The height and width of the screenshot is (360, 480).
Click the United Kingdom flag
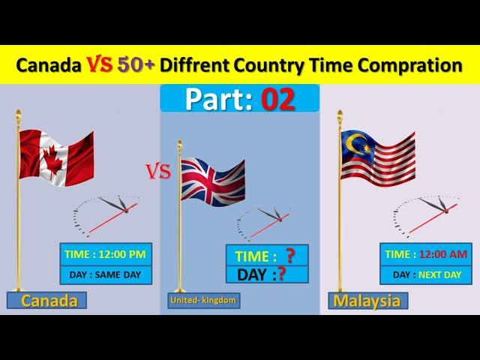point(213,181)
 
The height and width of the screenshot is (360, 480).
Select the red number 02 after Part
point(278,99)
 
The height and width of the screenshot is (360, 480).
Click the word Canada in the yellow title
point(49,65)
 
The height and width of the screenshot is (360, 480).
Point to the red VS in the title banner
point(99,64)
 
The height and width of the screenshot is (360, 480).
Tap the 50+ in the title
point(136,64)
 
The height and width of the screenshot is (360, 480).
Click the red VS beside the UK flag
point(158,172)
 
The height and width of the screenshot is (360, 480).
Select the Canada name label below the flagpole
point(46,300)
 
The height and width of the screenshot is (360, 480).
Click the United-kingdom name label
point(203,300)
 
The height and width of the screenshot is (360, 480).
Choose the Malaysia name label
point(368,301)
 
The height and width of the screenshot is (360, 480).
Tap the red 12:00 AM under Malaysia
point(443,254)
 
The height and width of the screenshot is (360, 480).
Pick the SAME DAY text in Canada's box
point(118,275)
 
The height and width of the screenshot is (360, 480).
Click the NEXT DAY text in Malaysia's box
point(439,275)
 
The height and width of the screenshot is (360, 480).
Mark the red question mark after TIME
point(290,256)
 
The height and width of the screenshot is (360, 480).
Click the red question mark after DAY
point(281,274)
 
